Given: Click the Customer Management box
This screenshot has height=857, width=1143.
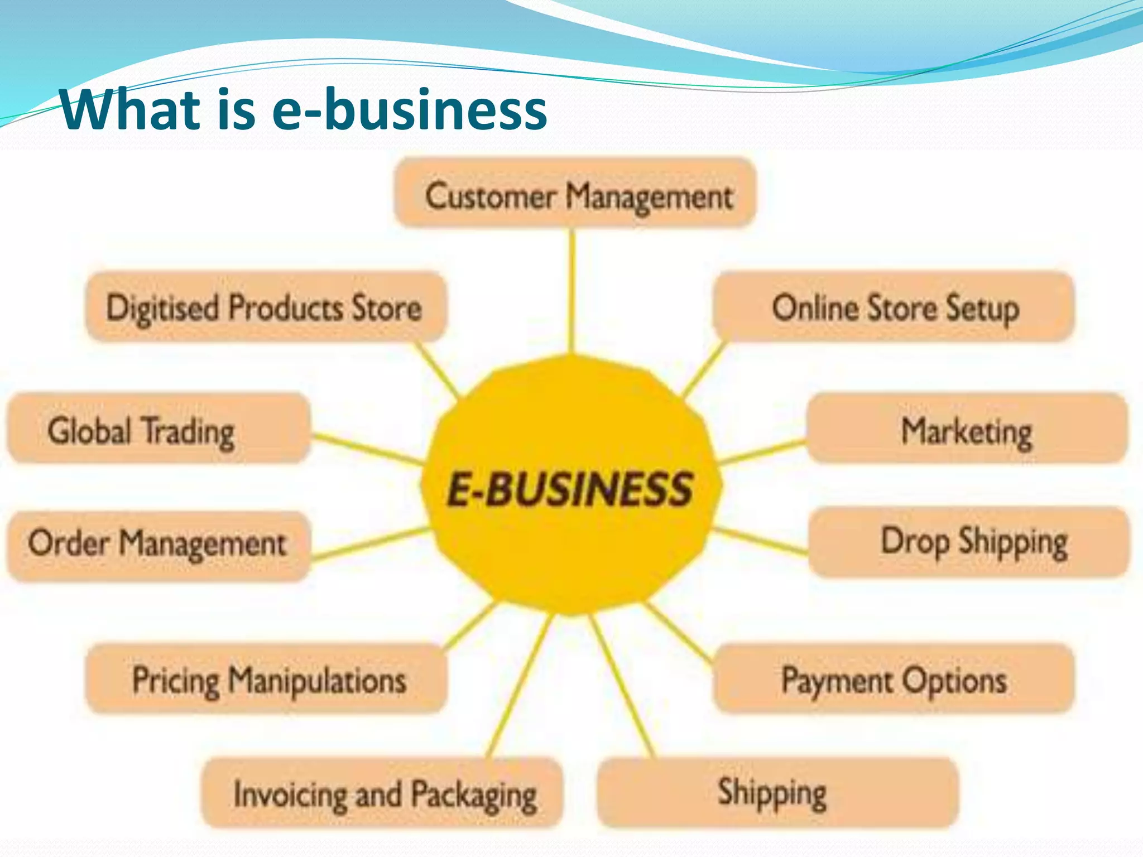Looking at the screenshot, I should [x=575, y=193].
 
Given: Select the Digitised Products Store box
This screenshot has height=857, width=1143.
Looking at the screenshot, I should [x=266, y=307].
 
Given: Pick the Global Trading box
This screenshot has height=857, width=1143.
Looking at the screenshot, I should [x=158, y=428].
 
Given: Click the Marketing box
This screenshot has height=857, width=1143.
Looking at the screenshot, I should [x=967, y=428].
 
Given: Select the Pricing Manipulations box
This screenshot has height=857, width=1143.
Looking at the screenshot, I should [x=267, y=678].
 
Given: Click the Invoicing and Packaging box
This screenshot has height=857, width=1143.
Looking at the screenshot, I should [x=382, y=792].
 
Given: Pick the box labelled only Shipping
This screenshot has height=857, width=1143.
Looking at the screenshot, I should [x=777, y=792].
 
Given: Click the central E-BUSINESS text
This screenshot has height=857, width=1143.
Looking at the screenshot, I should [x=569, y=489].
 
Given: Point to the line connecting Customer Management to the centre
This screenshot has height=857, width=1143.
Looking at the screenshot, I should [x=572, y=290].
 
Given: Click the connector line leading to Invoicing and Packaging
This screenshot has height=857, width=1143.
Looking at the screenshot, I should [x=519, y=686].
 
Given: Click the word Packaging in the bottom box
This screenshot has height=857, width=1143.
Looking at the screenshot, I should [x=474, y=795].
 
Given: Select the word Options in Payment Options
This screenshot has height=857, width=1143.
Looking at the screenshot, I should [x=954, y=680].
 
